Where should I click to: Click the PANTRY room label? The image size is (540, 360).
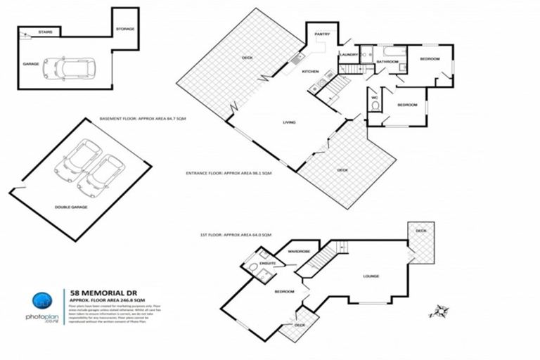pyautogui.click(x=323, y=34)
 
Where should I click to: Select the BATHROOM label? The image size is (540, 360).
pyautogui.click(x=387, y=62)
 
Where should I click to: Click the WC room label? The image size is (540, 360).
pyautogui.click(x=375, y=97)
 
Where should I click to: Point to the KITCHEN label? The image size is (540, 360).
pyautogui.click(x=311, y=71)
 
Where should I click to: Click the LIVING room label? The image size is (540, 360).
pyautogui.click(x=289, y=122)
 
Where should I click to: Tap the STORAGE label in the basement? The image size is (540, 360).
pyautogui.click(x=125, y=29)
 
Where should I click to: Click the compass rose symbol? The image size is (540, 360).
pyautogui.click(x=439, y=311)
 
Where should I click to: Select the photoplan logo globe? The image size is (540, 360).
pyautogui.click(x=44, y=300)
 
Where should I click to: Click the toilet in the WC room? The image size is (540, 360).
pyautogui.click(x=375, y=106)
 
